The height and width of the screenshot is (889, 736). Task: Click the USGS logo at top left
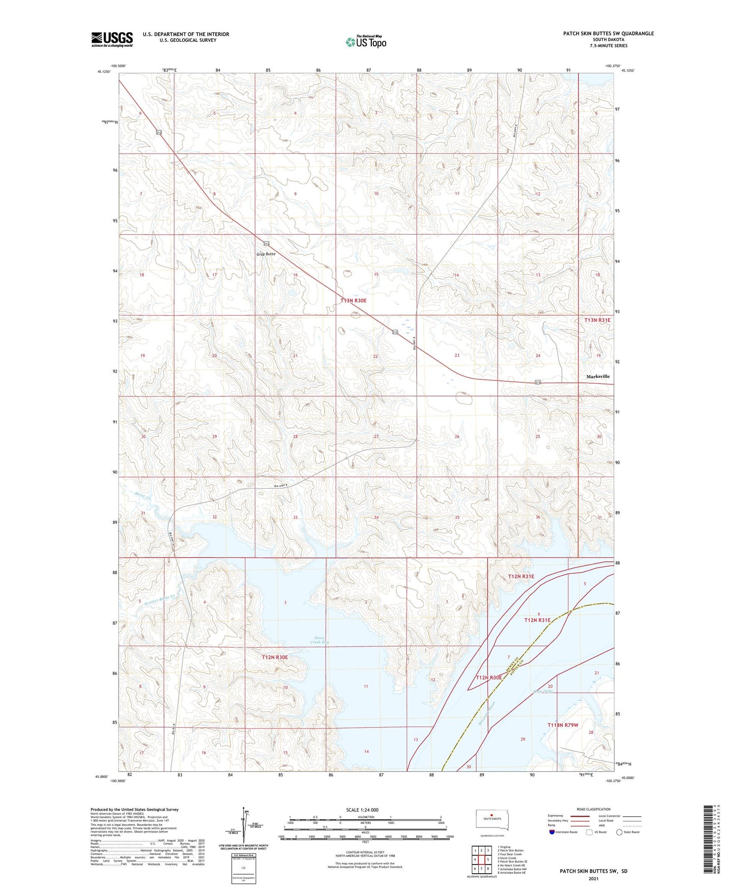pyautogui.click(x=112, y=39)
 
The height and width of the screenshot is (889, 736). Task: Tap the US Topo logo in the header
pyautogui.click(x=366, y=42)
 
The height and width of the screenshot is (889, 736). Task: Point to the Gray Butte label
pyautogui.click(x=266, y=254)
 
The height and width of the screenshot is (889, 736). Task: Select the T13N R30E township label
pyautogui.click(x=353, y=301)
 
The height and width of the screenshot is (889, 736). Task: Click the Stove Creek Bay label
pyautogui.click(x=319, y=640)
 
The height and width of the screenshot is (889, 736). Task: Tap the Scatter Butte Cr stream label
pyautogui.click(x=159, y=600)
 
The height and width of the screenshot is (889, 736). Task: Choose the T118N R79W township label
pyautogui.click(x=563, y=725)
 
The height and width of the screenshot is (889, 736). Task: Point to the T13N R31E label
pyautogui.click(x=597, y=320)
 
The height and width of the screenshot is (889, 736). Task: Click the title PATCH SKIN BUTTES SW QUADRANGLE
pyautogui.click(x=608, y=34)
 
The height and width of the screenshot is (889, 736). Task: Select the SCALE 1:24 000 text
pyautogui.click(x=362, y=810)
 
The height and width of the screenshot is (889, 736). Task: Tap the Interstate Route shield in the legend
pyautogui.click(x=553, y=832)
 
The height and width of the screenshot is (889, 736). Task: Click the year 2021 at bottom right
pyautogui.click(x=593, y=878)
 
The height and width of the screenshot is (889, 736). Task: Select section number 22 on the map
pyautogui.click(x=375, y=356)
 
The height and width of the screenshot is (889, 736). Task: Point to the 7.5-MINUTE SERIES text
pyautogui.click(x=609, y=46)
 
